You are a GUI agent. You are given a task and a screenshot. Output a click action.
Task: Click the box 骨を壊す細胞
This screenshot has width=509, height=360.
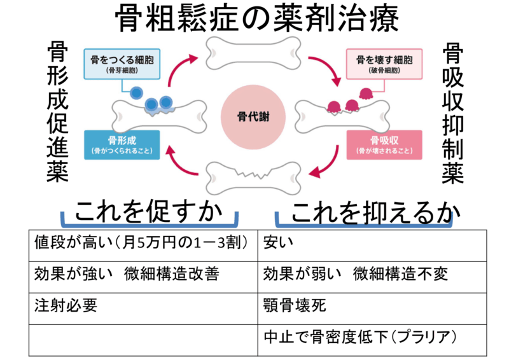point(384,64)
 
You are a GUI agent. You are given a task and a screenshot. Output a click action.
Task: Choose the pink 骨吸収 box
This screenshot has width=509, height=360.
point(384,144)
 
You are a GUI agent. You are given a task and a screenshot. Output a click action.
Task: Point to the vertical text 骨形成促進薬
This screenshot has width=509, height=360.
point(58,113)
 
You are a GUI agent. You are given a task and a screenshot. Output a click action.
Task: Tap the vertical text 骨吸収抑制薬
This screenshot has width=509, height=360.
point(452,113)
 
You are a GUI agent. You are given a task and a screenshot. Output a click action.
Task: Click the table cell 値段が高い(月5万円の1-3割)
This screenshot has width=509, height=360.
point(143,243)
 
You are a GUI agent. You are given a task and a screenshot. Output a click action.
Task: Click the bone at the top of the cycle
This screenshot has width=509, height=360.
point(254,50)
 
